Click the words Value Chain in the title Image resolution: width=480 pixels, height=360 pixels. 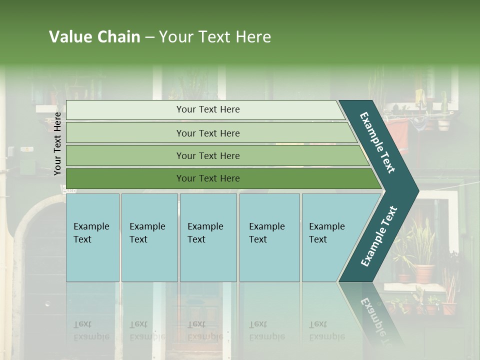point(94,37)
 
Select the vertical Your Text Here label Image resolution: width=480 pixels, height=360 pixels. point(57,143)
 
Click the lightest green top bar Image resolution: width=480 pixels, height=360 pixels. point(125,109)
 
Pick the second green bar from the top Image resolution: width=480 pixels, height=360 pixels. point(125,133)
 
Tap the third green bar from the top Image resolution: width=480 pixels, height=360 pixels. point(125,155)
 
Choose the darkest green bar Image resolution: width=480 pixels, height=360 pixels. point(125,178)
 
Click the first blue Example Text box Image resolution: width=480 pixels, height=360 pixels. point(92,237)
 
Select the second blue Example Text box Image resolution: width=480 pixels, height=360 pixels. point(149,237)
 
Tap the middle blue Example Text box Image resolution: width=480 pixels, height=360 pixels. point(208,237)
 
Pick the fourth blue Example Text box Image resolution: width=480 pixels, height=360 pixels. point(269,237)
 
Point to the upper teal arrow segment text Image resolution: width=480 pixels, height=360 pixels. point(377,142)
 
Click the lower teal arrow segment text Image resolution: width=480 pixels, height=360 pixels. point(379,236)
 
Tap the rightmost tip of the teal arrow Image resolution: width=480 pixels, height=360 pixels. point(417,190)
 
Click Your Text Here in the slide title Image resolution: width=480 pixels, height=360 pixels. point(215,37)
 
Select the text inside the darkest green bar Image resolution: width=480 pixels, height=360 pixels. point(208,178)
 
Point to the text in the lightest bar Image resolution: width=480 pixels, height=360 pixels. point(208,109)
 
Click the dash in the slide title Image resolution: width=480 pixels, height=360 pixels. point(149,37)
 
